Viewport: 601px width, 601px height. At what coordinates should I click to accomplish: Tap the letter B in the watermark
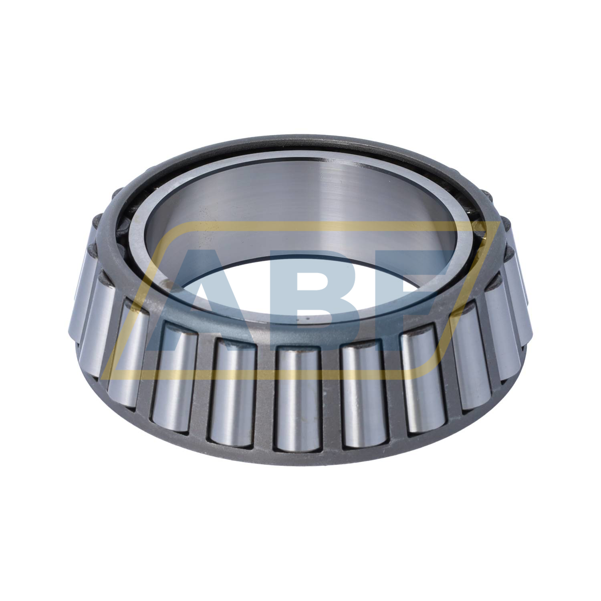300,296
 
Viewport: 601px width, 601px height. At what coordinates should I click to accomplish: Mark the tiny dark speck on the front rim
297,321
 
